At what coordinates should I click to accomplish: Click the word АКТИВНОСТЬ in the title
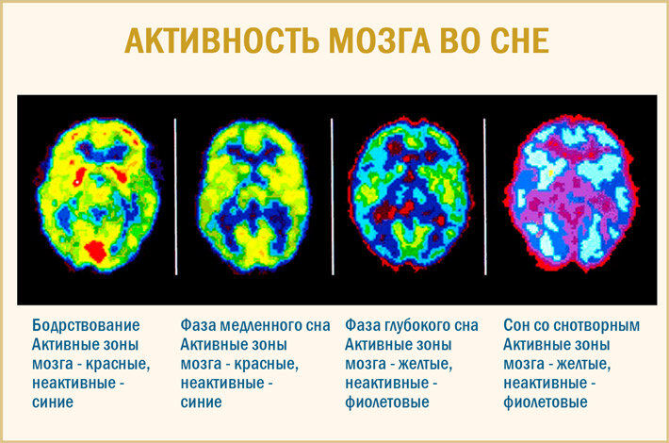(x=221, y=41)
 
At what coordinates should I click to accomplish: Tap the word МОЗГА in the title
(x=380, y=41)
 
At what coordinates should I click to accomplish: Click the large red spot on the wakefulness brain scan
(x=95, y=251)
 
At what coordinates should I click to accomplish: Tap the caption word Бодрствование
(x=86, y=325)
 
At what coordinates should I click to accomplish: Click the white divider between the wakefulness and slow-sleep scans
(x=176, y=197)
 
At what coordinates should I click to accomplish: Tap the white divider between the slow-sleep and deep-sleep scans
(x=333, y=197)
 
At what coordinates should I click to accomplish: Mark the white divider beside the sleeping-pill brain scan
(x=484, y=197)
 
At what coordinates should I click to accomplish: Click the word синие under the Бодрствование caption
(x=53, y=402)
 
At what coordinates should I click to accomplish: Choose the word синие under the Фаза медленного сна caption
(x=201, y=402)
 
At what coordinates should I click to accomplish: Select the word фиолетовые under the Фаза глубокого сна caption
(x=387, y=402)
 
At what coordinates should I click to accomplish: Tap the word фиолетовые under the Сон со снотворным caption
(x=546, y=402)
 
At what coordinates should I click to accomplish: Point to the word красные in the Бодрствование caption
(x=118, y=365)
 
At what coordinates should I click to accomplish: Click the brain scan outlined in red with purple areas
(x=571, y=194)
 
